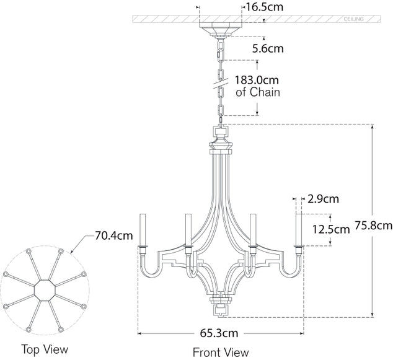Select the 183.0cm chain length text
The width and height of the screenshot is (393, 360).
pos(258,80)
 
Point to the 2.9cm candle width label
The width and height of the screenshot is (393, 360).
pos(323,199)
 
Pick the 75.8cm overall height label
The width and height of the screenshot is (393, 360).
pos(373,225)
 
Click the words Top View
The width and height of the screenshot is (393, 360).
pos(45,349)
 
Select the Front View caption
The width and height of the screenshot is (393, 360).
pos(221,353)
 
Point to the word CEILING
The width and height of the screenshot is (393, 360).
pos(354,20)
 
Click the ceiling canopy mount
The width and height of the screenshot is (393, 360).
pos(221,30)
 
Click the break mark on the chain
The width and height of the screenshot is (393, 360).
pos(221,81)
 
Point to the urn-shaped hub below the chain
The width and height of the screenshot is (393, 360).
pos(221,147)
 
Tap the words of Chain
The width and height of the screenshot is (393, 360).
pos(257,92)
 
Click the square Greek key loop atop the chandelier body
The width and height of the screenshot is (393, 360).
pos(221,131)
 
